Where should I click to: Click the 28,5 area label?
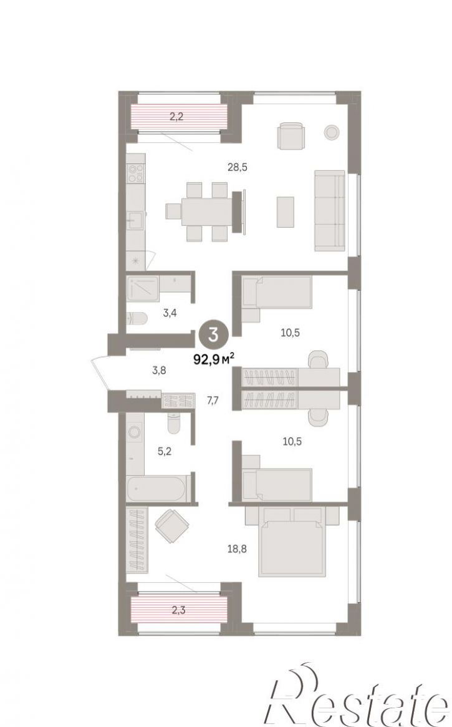point(237,167)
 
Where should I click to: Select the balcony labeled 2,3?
point(178,610)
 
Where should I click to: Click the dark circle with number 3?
point(213,334)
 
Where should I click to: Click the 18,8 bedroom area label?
point(238,549)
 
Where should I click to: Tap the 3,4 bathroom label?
point(170,313)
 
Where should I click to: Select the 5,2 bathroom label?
point(165,451)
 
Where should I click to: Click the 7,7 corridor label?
point(213,401)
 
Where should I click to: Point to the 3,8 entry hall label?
point(159,371)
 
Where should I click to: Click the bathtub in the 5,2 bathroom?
point(156,488)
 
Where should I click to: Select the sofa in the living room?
point(330,210)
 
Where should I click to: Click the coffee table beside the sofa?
point(286,212)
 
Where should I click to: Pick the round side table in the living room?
point(332,132)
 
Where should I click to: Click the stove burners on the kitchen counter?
point(136,174)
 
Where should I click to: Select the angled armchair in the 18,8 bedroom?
point(171,526)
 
